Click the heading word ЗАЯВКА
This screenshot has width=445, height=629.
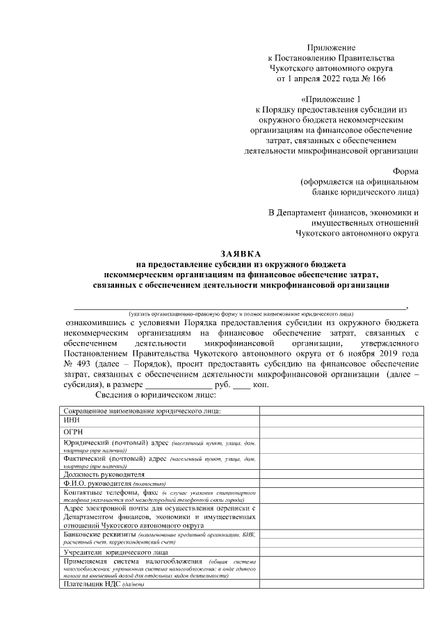point(241,255)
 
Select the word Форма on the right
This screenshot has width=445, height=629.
point(405,171)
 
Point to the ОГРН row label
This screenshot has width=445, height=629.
point(74,432)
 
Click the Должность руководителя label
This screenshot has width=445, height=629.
point(104,475)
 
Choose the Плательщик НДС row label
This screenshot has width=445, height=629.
point(92,585)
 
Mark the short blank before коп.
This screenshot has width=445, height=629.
point(241,385)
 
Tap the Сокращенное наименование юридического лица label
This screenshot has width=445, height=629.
point(142,412)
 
